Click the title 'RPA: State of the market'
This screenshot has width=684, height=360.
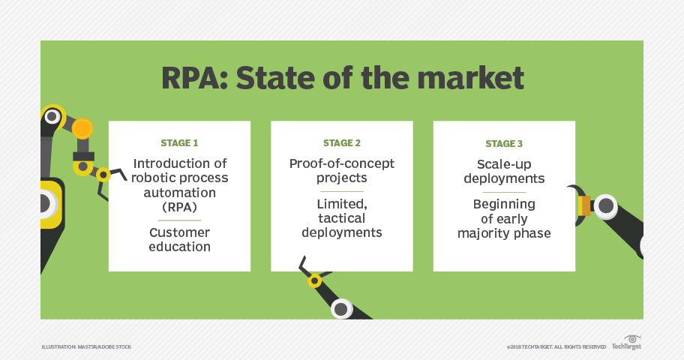[x=341, y=79]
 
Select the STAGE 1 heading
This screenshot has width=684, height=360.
[x=179, y=143]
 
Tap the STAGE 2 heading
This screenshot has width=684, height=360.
[x=342, y=143]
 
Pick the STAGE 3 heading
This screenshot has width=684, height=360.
[x=504, y=143]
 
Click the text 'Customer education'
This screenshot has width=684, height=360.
[x=179, y=239]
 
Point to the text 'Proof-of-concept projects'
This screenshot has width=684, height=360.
[x=342, y=170]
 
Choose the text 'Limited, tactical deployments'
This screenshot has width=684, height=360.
[x=342, y=218]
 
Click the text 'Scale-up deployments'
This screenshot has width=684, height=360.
[x=504, y=170]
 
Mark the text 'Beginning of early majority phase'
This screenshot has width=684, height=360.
[x=504, y=218]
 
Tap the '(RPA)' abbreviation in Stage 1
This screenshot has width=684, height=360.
[x=179, y=206]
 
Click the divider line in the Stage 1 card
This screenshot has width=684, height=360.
[x=179, y=220]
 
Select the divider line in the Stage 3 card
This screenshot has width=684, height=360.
[x=504, y=191]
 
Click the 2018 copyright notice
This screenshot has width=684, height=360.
[x=556, y=346]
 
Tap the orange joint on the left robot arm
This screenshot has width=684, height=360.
[x=82, y=129]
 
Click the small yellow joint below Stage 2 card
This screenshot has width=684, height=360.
[x=314, y=281]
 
